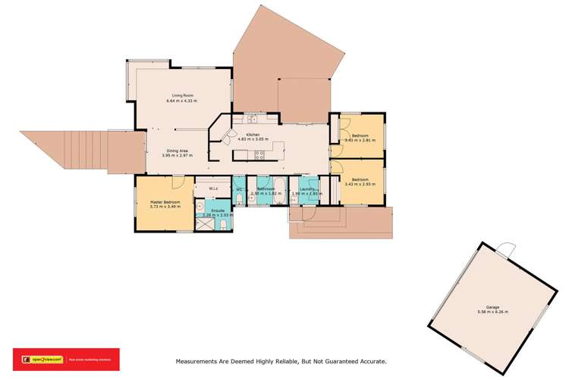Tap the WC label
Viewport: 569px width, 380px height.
(x=238, y=188)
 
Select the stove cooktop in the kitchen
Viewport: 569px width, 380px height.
(x=260, y=154)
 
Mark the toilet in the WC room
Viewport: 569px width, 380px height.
(x=238, y=199)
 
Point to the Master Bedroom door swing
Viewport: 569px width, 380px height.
(x=176, y=183)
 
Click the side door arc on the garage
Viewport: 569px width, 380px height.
(x=507, y=249)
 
